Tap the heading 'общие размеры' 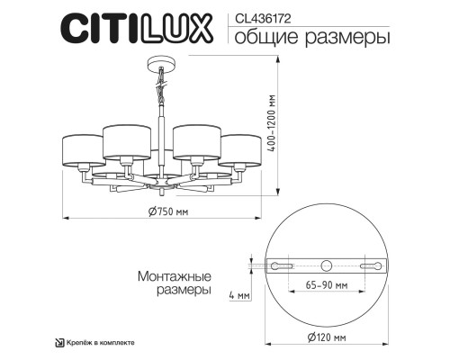[x=299, y=39]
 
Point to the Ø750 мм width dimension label [x=165, y=211]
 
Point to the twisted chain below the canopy [x=161, y=92]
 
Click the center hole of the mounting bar [x=326, y=265]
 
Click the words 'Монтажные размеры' [x=176, y=284]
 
